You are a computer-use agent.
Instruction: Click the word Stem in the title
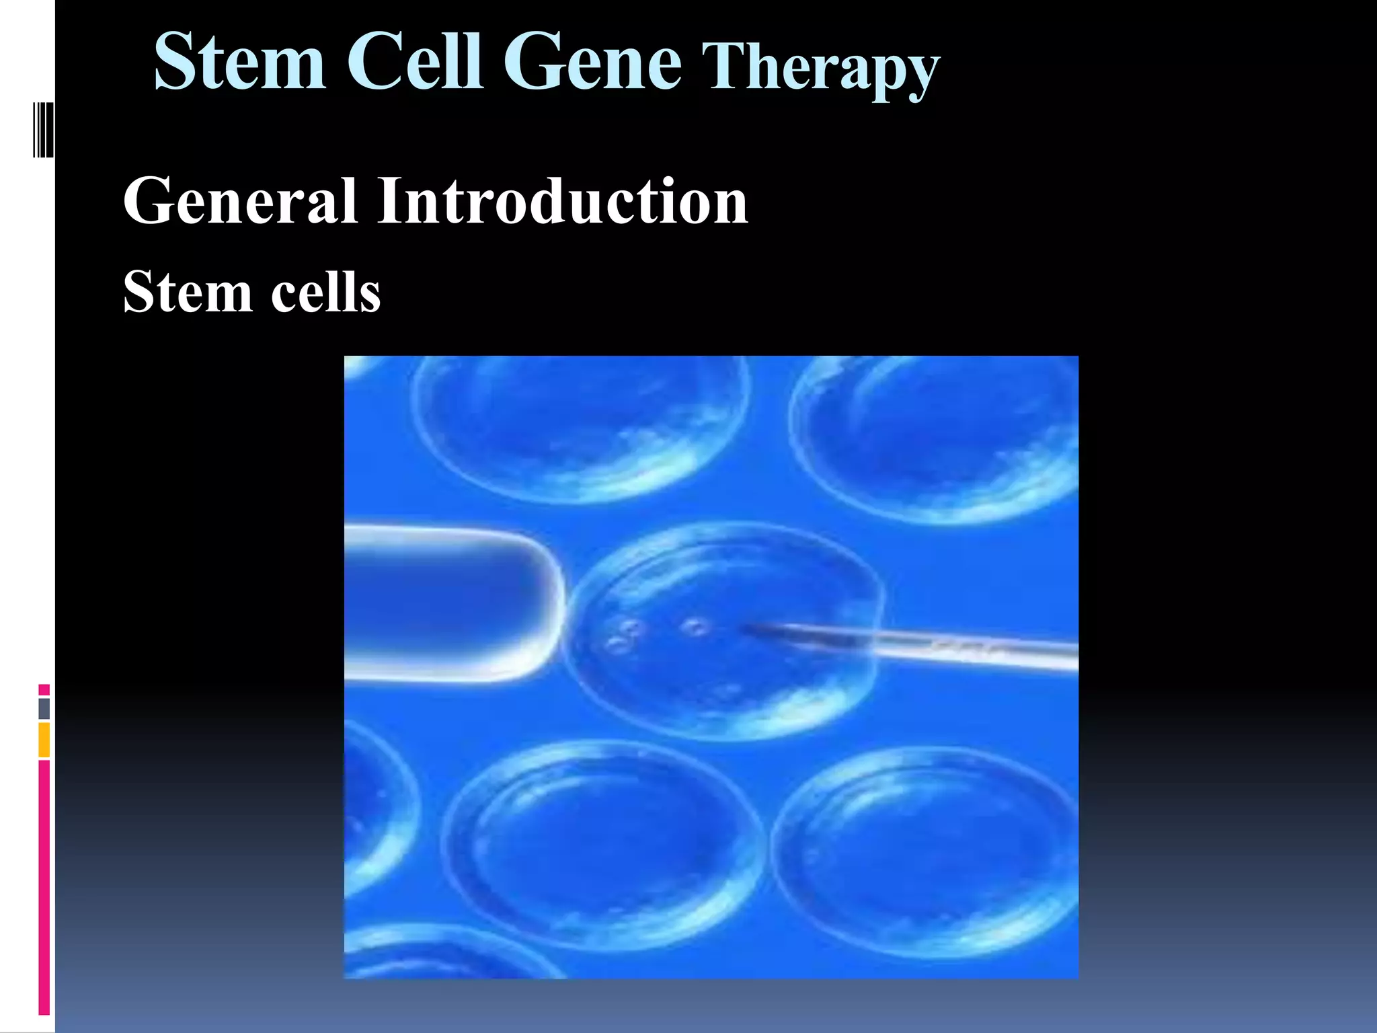pos(239,62)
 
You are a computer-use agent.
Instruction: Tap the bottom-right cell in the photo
pos(928,851)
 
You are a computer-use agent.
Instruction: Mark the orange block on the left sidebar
pos(44,740)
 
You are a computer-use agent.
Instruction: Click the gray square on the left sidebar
pos(44,708)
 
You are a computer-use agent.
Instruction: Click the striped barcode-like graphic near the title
pos(43,130)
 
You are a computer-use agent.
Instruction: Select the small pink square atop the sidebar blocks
pos(44,690)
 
